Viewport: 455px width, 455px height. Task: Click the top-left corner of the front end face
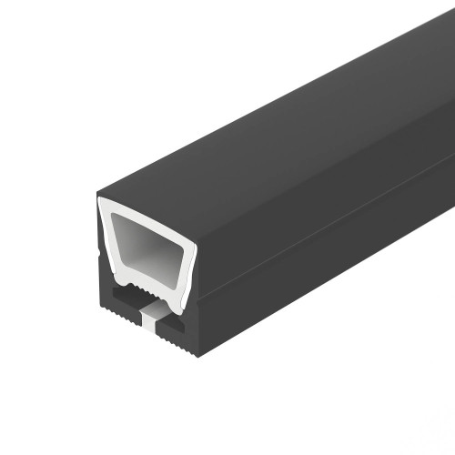99,197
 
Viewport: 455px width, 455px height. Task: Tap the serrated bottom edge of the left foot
118,330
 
